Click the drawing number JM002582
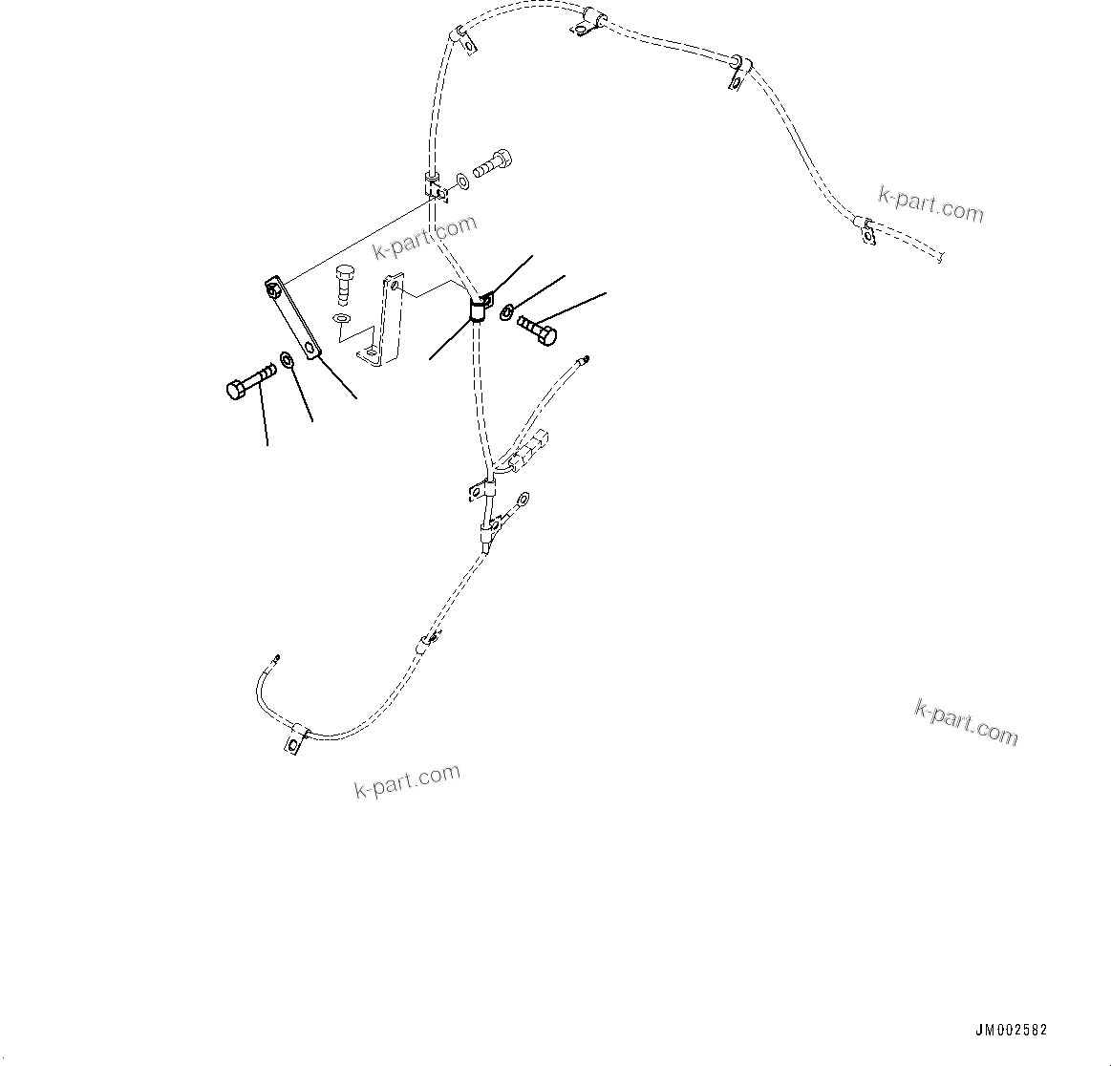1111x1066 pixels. pos(1011,1031)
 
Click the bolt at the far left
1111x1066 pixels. pos(249,382)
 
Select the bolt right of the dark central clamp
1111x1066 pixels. pos(537,330)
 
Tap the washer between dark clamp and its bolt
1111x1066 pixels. pos(506,310)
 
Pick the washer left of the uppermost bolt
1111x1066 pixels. pos(461,180)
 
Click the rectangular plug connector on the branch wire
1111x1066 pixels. pos(529,452)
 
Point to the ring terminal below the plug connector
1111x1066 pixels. pos(522,498)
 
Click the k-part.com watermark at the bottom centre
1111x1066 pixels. pos(408,780)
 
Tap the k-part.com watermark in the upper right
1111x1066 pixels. pos(930,203)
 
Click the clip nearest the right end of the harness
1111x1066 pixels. pos(866,229)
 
